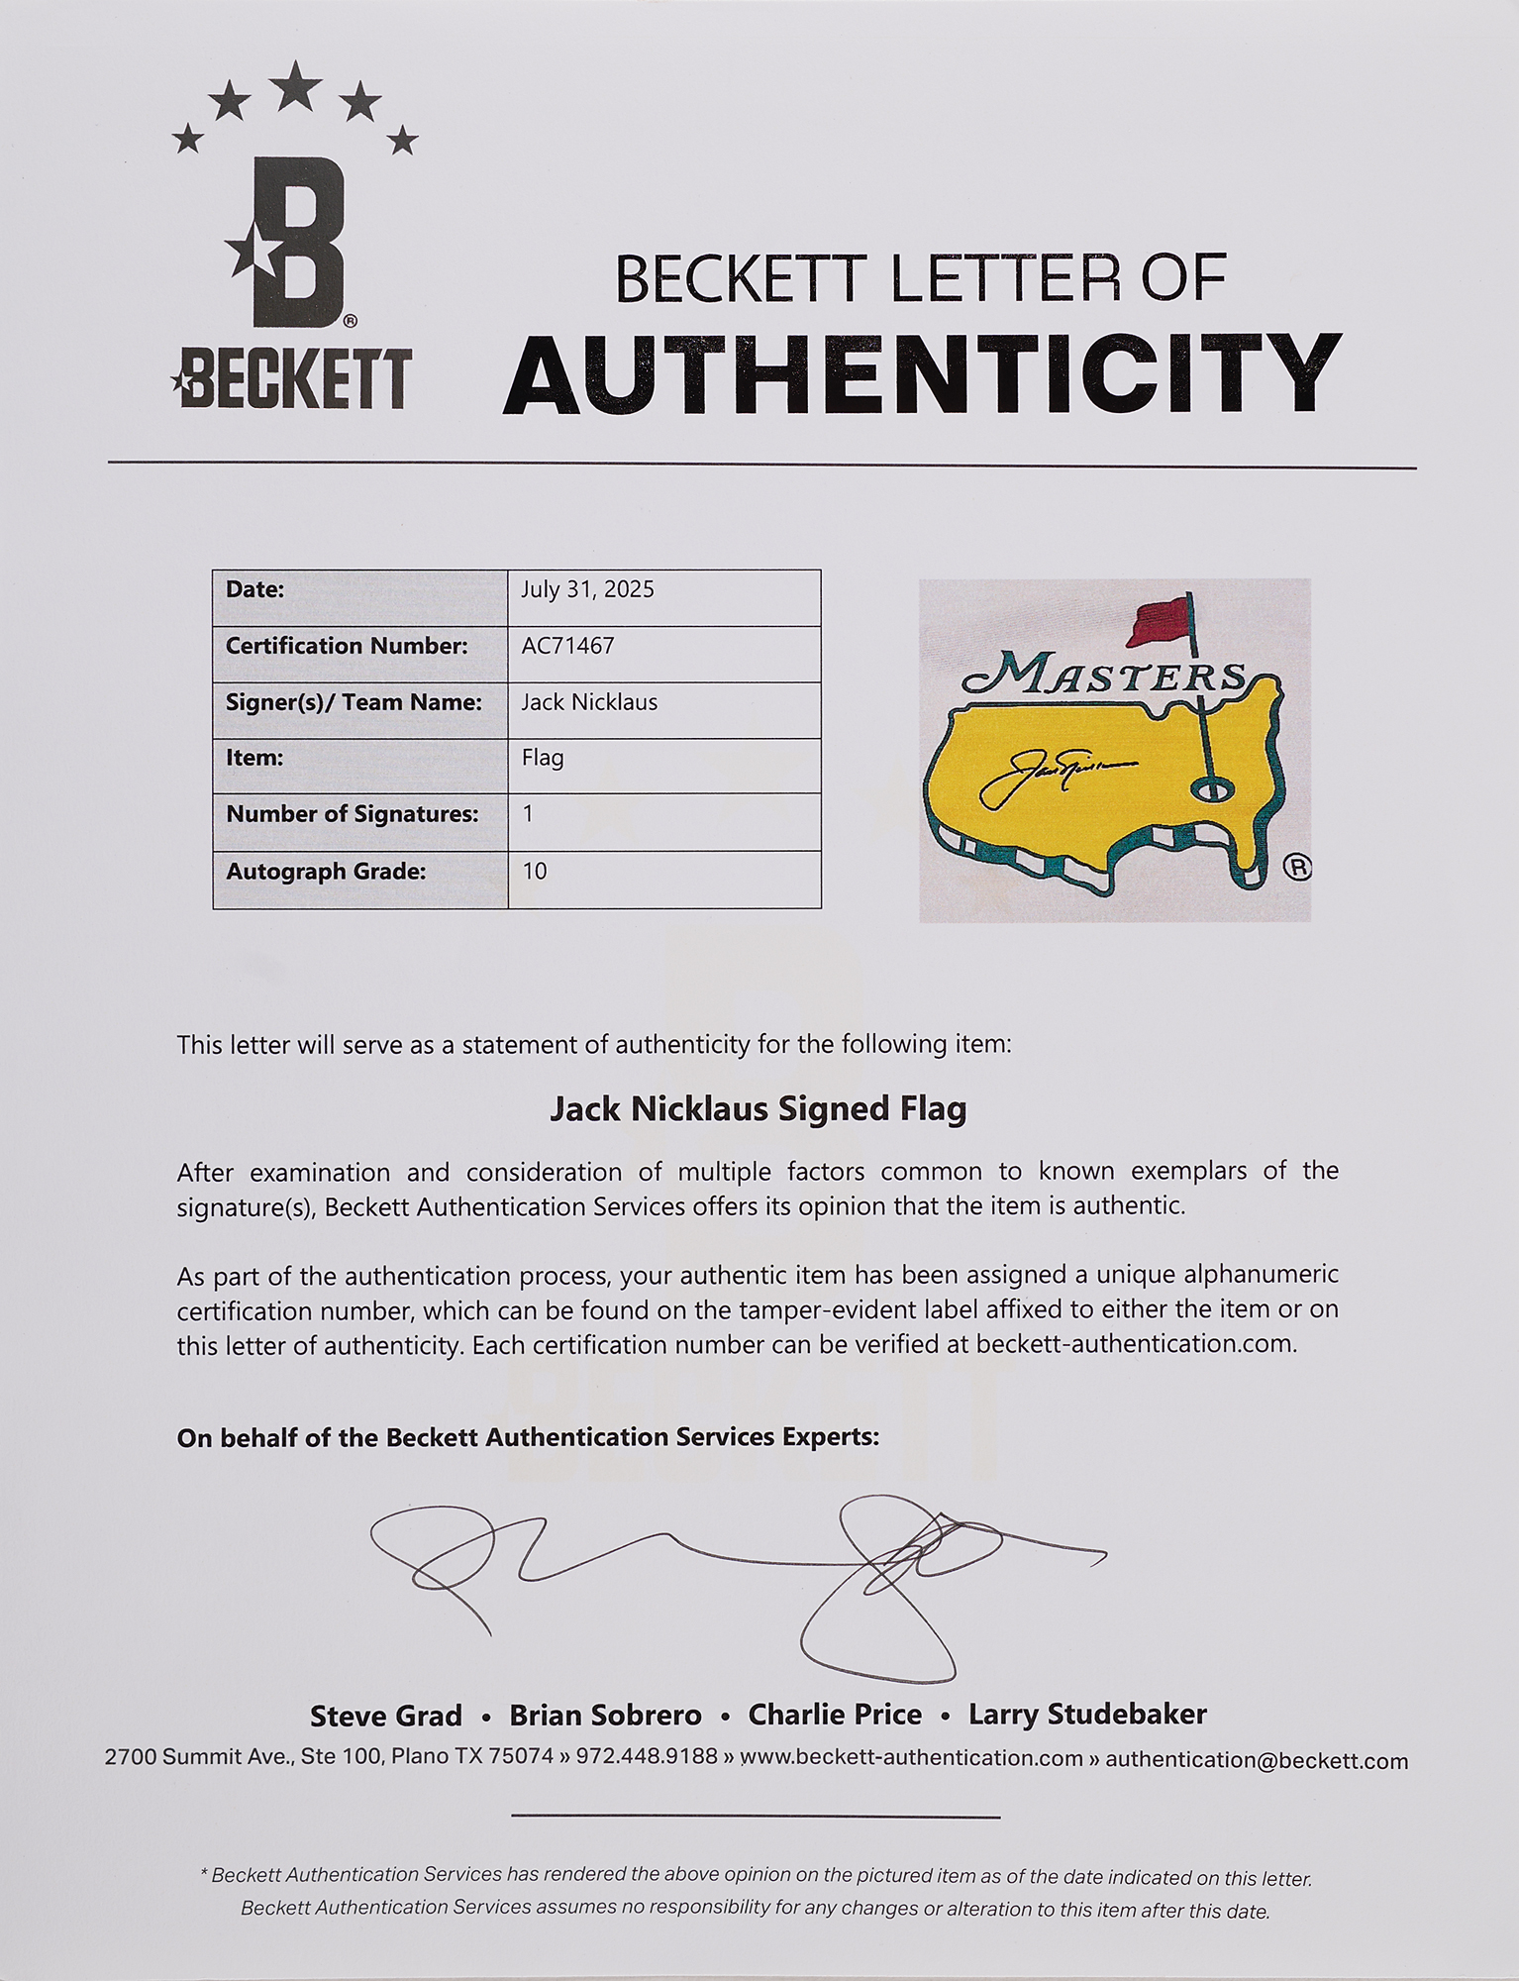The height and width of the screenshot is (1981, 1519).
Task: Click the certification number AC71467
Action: click(567, 646)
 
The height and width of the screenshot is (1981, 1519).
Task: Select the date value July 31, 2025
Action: click(587, 589)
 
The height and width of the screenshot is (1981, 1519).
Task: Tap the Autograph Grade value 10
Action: click(535, 871)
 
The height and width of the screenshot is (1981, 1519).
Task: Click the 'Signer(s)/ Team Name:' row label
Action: click(354, 702)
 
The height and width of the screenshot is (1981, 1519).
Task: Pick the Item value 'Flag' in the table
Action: click(542, 758)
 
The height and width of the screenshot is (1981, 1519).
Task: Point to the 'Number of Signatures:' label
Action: click(352, 814)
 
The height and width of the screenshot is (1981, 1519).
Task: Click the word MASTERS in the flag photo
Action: click(1104, 678)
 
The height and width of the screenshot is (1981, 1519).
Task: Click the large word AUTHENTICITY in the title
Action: click(922, 376)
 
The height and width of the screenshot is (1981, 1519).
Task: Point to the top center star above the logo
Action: click(295, 86)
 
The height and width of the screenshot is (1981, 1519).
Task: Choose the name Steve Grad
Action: click(386, 1715)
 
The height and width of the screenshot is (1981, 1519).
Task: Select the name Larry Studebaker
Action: click(1087, 1714)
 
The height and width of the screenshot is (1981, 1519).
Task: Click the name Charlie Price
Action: click(835, 1714)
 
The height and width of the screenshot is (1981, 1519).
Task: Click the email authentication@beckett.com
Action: click(1256, 1759)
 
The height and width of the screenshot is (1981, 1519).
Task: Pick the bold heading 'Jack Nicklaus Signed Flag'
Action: click(758, 1108)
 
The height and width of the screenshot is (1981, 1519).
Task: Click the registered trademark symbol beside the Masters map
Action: click(1296, 868)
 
